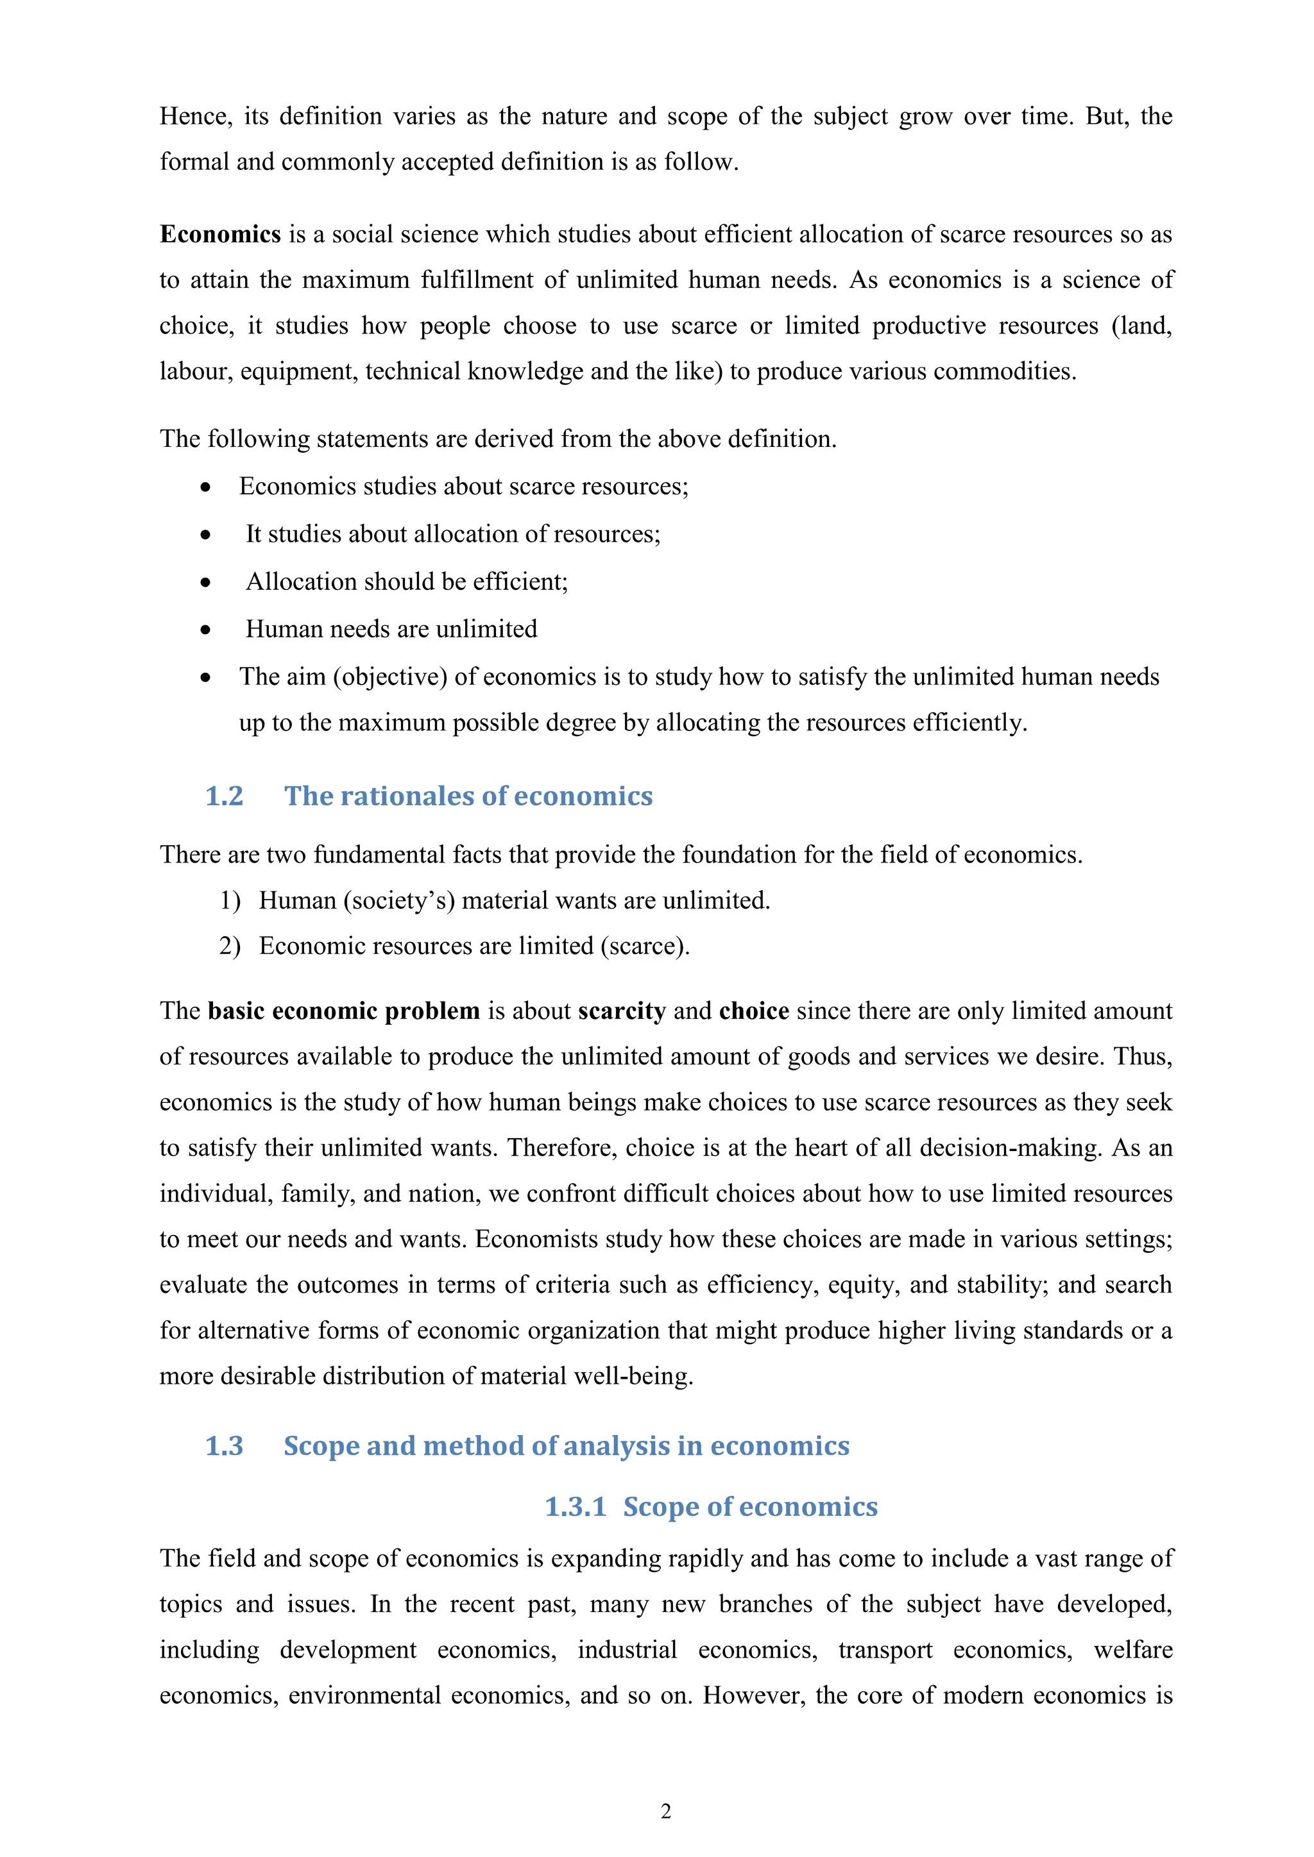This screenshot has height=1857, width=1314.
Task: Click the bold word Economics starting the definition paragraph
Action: coord(220,235)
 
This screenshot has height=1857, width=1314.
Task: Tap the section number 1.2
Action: coord(224,796)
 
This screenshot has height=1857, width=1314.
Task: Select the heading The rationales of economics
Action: coord(468,796)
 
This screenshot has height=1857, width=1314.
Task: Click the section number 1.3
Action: coord(224,1445)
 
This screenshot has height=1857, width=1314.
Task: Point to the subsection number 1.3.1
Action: coord(576,1507)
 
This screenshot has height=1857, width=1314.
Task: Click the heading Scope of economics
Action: coord(750,1507)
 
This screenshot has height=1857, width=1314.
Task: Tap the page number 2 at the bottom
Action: coord(666,1811)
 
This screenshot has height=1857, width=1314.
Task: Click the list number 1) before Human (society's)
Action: coord(230,900)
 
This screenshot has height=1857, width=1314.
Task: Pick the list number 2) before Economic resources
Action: coord(230,946)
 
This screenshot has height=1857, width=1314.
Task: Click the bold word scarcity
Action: coord(622,1011)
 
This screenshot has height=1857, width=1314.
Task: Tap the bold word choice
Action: coord(753,1011)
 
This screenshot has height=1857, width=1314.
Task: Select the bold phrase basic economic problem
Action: coord(344,1011)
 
